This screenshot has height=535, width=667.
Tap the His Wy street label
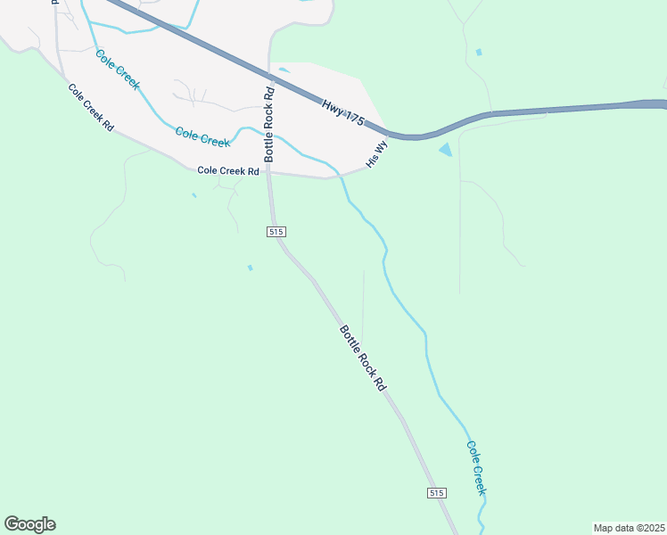(x=377, y=153)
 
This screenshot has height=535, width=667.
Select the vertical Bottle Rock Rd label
(x=268, y=123)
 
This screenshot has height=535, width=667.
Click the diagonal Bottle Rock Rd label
(x=362, y=358)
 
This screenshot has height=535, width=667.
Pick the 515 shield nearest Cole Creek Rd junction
(x=276, y=232)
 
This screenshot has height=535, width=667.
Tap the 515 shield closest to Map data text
(x=436, y=493)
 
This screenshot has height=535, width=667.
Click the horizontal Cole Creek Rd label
(x=227, y=170)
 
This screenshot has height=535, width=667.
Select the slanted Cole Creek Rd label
(x=91, y=108)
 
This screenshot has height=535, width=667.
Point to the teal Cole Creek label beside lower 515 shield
(x=475, y=467)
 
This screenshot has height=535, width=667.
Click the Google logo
(x=29, y=524)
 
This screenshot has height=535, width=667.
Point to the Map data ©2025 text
(x=629, y=527)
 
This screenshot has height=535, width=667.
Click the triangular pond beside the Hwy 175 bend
(x=445, y=150)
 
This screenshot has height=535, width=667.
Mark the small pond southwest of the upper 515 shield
(x=250, y=267)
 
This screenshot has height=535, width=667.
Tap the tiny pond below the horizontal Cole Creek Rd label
(x=194, y=195)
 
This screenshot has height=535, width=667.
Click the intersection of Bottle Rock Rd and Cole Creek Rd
(x=269, y=173)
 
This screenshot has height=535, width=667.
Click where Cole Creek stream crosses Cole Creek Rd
(x=341, y=175)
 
